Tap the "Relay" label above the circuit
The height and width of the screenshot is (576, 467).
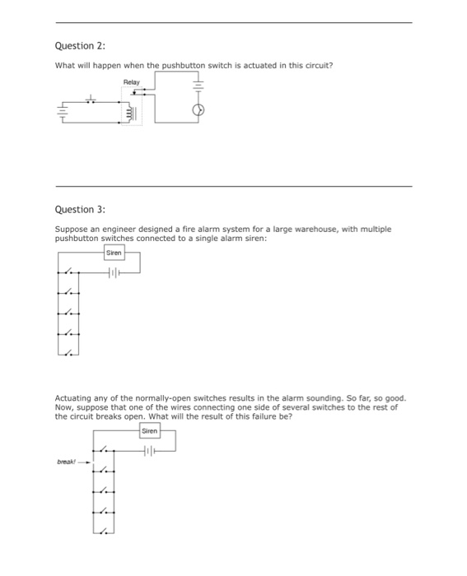132,82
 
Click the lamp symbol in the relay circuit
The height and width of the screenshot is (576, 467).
198,110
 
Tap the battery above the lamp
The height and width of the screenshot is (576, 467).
198,85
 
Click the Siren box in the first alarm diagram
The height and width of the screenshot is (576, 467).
114,253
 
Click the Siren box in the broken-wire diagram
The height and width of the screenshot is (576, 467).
149,430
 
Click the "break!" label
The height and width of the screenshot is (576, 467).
66,462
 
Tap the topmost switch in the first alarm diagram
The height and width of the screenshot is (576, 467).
72,272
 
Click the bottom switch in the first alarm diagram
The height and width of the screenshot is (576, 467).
72,353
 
